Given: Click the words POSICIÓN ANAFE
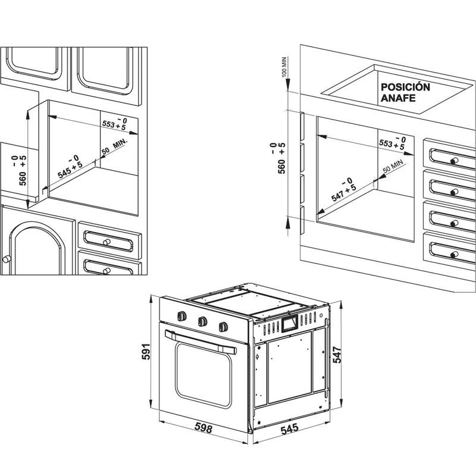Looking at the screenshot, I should point(405,92).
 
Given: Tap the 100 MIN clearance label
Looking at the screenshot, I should point(283,70).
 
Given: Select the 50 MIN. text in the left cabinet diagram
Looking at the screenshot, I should point(114,147).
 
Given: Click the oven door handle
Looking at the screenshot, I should point(200,342).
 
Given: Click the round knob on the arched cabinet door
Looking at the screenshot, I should point(8,258).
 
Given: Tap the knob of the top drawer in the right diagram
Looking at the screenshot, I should point(455,161).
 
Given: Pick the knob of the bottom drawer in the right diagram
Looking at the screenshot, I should point(455,255).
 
